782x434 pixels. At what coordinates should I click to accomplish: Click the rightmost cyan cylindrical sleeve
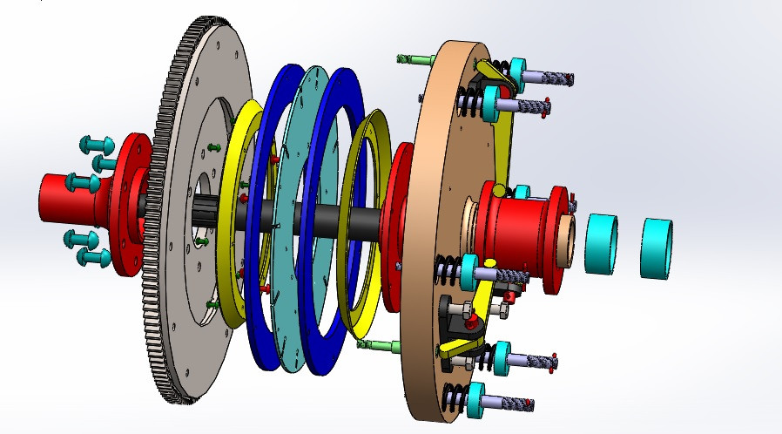coord(657,248)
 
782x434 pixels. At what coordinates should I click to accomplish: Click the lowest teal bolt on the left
coord(91,257)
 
